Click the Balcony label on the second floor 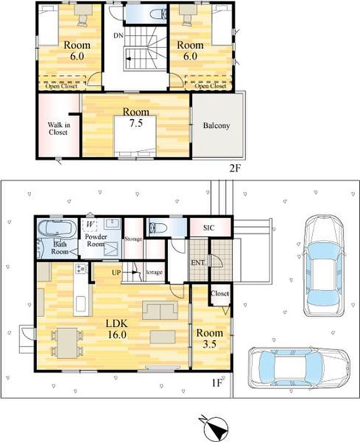click(216, 126)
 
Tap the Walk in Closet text click(59, 129)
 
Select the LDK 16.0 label click(117, 329)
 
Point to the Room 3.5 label click(209, 338)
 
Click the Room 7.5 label click(136, 117)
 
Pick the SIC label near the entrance click(208, 227)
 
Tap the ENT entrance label click(198, 263)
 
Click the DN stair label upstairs click(118, 36)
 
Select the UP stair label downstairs click(117, 273)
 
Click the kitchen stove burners click(81, 268)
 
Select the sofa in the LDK click(160, 310)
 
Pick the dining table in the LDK click(67, 343)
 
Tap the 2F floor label click(235, 169)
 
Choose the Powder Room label click(96, 240)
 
